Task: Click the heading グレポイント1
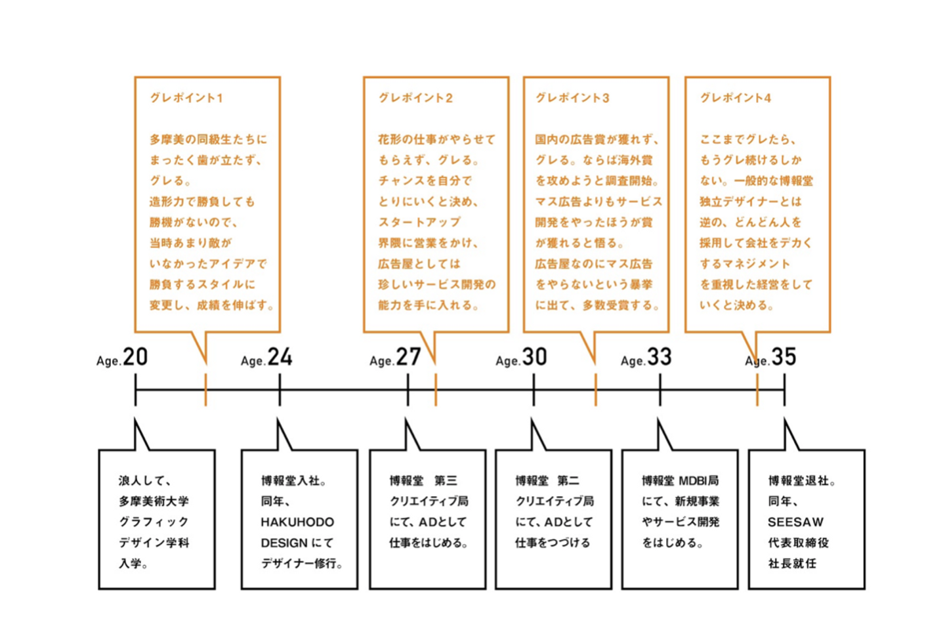point(186,98)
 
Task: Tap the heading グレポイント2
point(415,98)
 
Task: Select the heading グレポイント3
point(572,98)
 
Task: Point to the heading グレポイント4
point(735,98)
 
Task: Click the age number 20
point(135,357)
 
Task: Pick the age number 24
point(280,357)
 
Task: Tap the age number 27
point(408,357)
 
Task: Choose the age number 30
point(534,357)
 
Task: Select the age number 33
point(660,357)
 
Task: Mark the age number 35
point(784,357)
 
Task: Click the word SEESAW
point(795,522)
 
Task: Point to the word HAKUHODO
point(297,522)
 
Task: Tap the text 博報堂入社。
point(294,481)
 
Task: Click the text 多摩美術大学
point(154,501)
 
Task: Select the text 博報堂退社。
point(802,481)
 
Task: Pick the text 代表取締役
point(798,543)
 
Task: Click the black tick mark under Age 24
point(280,390)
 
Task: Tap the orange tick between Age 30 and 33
point(595,390)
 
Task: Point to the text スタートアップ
point(419,222)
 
